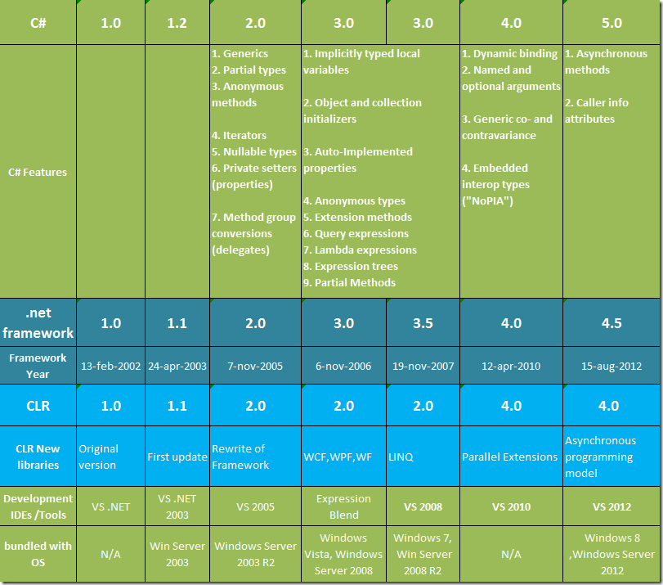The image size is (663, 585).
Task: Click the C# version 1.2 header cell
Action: click(177, 23)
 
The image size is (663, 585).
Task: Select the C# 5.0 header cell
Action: click(611, 23)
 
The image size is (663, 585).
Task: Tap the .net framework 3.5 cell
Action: click(423, 323)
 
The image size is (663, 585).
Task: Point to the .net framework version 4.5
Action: click(611, 323)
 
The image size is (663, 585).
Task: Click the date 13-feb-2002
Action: click(110, 366)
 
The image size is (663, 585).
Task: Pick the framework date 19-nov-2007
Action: click(423, 366)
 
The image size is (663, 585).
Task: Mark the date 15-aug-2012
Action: click(611, 366)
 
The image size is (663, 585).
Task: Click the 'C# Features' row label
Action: click(38, 172)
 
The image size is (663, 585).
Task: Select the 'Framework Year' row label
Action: click(38, 366)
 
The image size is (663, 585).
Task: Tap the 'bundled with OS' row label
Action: click(38, 554)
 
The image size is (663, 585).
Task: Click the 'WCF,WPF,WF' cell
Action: click(338, 457)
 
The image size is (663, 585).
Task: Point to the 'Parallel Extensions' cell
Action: click(510, 457)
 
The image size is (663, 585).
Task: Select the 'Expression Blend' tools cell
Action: click(343, 506)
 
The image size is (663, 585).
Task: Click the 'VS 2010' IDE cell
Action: click(510, 506)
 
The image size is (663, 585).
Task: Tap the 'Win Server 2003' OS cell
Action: click(177, 554)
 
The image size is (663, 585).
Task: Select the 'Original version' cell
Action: click(98, 457)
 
